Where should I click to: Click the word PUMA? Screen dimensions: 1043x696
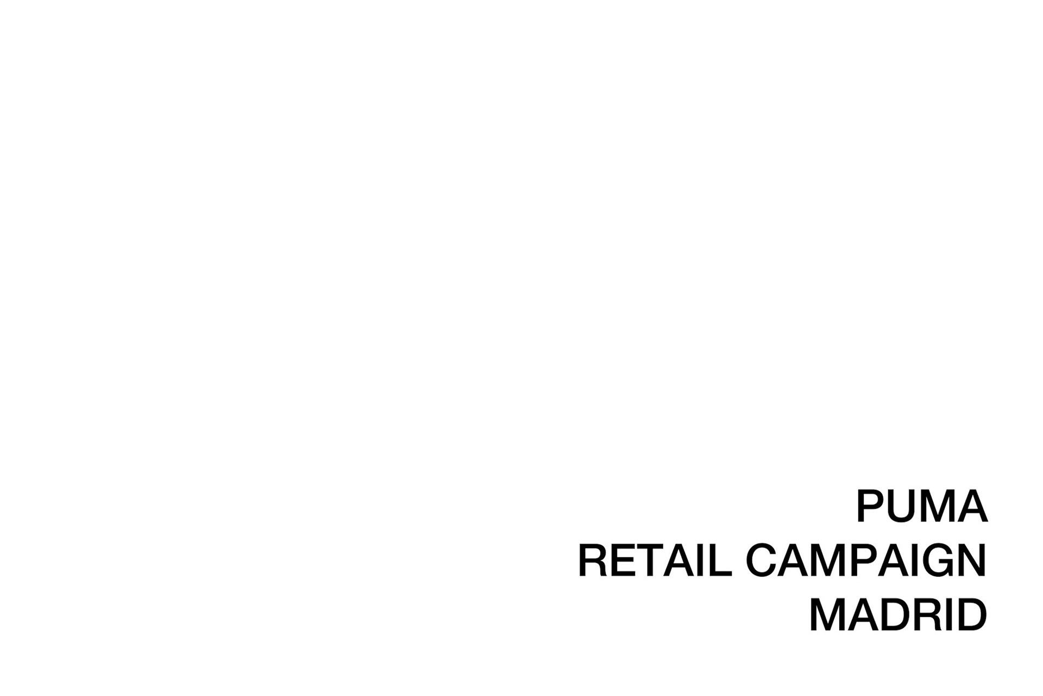tap(922, 506)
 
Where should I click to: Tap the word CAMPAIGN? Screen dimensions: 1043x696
tap(866, 561)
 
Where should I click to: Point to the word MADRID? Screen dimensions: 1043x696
tap(898, 615)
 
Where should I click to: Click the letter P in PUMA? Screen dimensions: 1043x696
tap(871, 506)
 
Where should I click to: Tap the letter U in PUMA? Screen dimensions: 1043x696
tap(904, 507)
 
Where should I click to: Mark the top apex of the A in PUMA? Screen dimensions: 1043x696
tap(972, 490)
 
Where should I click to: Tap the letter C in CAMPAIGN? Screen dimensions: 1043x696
tap(762, 561)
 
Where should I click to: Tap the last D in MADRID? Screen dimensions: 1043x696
tap(972, 615)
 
